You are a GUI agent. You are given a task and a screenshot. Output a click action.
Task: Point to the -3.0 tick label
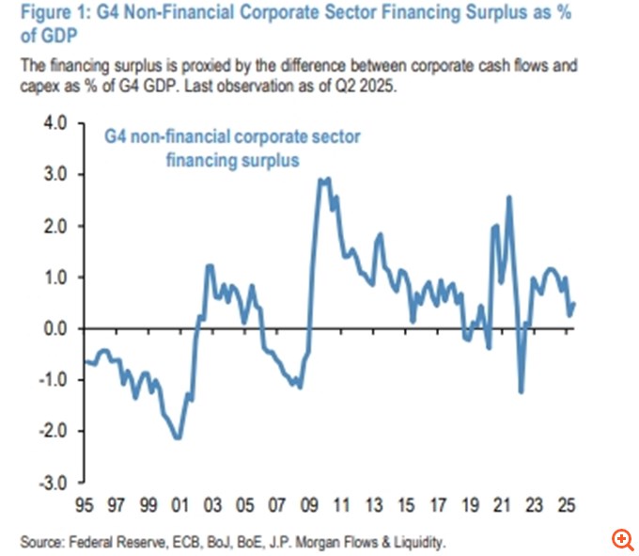click(x=55, y=483)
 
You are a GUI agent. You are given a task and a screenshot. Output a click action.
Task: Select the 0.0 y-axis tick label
click(x=56, y=328)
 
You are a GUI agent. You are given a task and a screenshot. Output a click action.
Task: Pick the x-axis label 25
click(x=567, y=505)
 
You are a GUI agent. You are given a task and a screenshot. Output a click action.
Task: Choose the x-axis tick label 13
click(x=376, y=505)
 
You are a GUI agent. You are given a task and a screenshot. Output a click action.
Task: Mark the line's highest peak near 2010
click(x=324, y=179)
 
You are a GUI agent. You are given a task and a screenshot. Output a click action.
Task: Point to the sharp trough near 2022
click(x=521, y=392)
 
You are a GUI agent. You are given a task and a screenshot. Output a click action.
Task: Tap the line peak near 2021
click(x=508, y=197)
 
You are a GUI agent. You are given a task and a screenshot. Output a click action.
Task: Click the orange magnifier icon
click(x=622, y=538)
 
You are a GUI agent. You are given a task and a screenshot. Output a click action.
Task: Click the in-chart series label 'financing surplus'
click(x=232, y=160)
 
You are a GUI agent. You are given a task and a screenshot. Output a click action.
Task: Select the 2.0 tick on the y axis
click(x=56, y=226)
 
